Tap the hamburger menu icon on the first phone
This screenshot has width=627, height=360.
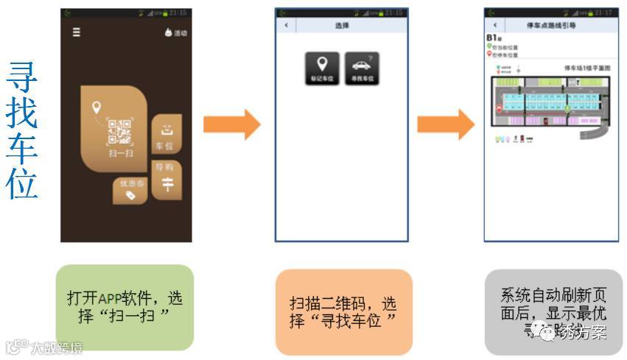pos(77,32)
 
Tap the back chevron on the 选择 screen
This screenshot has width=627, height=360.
pos(286,26)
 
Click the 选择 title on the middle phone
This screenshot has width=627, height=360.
pos(341,26)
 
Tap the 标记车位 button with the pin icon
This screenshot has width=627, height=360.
pos(321,68)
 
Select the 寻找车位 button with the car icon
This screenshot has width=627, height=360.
pos(362,68)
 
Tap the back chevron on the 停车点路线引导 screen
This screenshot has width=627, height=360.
pos(494,26)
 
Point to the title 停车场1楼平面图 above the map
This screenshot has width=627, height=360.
pos(588,68)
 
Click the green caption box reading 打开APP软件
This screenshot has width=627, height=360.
pos(125,307)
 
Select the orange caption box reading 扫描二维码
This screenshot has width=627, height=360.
pos(343,311)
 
